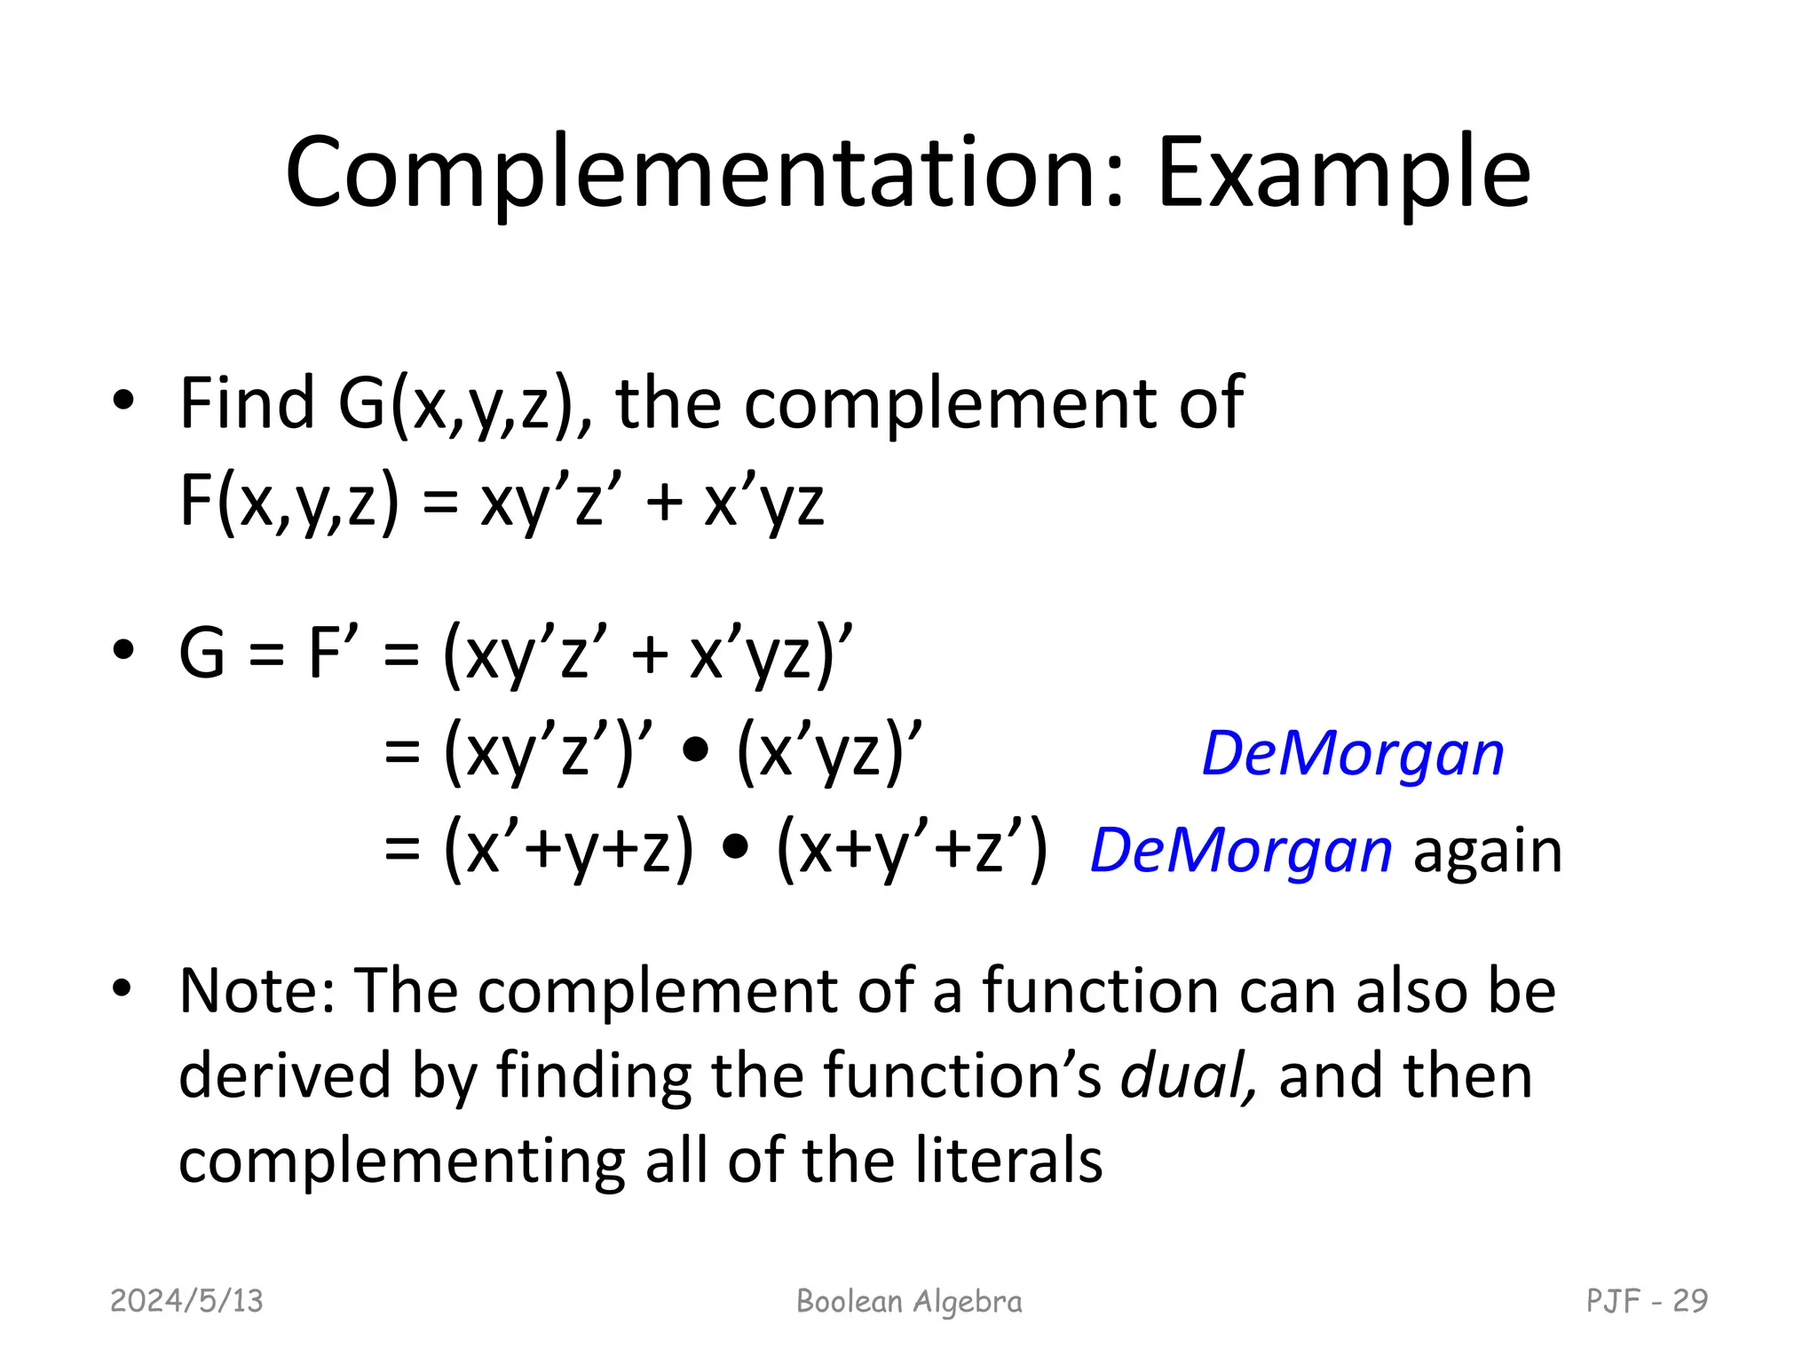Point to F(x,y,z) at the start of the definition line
289,501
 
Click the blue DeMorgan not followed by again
1352,754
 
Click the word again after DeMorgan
1487,851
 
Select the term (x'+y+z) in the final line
568,850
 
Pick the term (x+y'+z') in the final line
912,850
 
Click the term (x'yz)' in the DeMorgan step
829,752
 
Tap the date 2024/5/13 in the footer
186,1301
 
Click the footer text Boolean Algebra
909,1301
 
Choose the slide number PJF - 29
1647,1301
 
